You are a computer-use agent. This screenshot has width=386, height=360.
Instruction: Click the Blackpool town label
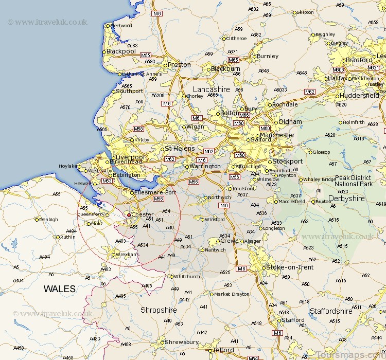[121, 51]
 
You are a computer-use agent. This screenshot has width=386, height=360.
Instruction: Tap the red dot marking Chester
[129, 214]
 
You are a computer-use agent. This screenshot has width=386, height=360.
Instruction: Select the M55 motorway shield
[146, 55]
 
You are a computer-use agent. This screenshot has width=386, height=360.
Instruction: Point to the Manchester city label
[277, 135]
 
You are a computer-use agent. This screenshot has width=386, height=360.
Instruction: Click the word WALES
[59, 289]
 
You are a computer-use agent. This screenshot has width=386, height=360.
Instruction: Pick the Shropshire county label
[159, 310]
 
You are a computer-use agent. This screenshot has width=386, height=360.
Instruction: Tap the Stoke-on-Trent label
[289, 267]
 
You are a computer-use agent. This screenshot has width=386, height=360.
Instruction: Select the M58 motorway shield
[138, 129]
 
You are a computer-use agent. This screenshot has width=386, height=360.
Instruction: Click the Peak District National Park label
[354, 180]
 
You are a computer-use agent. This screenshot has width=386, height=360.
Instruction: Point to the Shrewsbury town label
[181, 342]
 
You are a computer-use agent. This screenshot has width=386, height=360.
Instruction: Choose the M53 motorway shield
[107, 181]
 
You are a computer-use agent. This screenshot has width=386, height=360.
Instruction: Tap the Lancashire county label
[211, 89]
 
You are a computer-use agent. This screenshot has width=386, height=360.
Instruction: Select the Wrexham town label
[127, 254]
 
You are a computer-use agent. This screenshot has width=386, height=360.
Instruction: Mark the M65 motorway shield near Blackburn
[233, 60]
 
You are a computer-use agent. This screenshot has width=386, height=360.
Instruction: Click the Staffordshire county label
[331, 311]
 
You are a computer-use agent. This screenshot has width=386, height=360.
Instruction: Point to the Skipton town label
[305, 12]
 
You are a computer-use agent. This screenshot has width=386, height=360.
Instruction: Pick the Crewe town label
[229, 241]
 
